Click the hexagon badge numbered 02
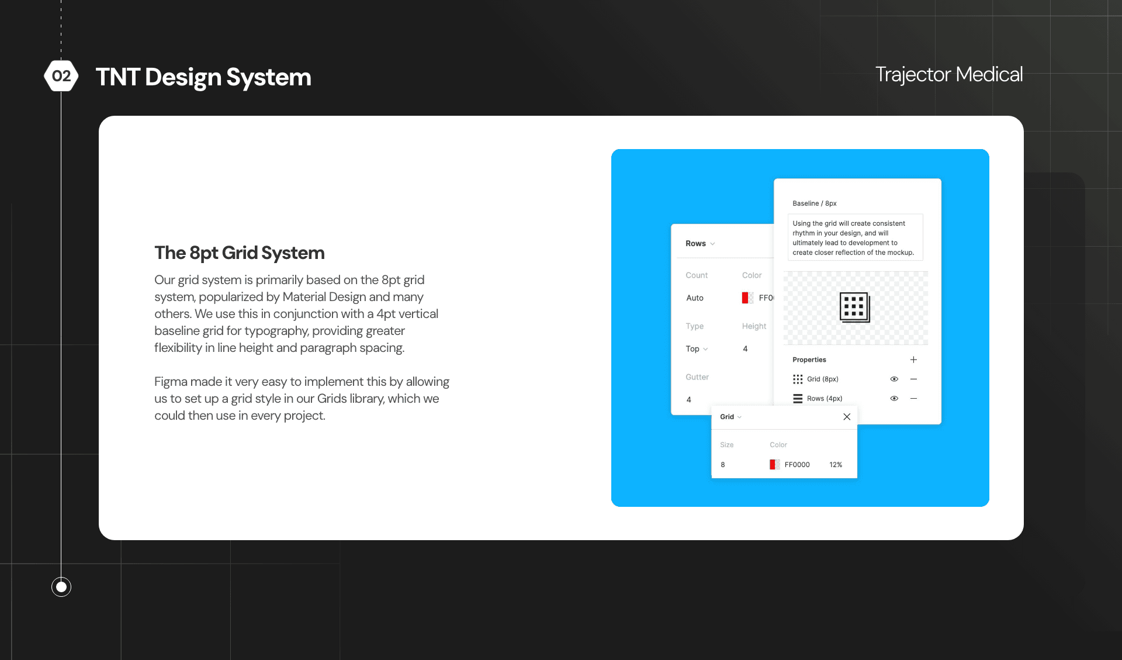[61, 76]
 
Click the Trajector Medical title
[948, 74]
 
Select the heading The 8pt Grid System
[239, 253]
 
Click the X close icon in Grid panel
[846, 417]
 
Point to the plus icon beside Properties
[913, 360]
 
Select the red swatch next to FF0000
[774, 465]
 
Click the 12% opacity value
[836, 465]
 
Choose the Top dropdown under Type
[696, 349]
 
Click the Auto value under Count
[695, 298]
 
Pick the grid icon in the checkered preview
[854, 307]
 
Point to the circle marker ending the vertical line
[61, 586]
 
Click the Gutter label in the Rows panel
[697, 377]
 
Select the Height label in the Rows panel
[754, 326]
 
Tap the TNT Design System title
[203, 77]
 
